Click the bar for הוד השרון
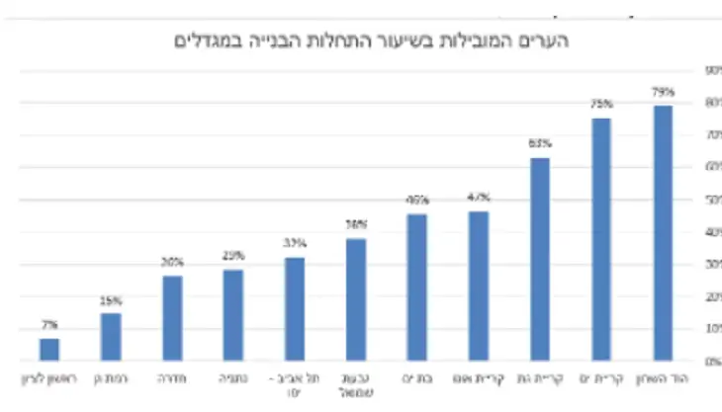tap(663, 233)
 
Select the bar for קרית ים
tap(601, 239)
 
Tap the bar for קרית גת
tap(540, 259)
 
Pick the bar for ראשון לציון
tap(49, 350)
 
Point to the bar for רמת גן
tap(111, 337)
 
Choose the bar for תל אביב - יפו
tap(295, 309)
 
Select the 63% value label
tap(540, 144)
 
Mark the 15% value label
tap(111, 300)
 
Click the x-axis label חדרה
tap(172, 377)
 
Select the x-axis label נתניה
tap(233, 377)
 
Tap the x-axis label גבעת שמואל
tap(356, 381)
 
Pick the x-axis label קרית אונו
tap(479, 377)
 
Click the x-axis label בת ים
tap(417, 377)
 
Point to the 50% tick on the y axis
tap(709, 201)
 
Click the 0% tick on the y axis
tap(709, 362)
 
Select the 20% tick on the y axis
tap(709, 297)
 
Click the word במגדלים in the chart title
tap(209, 41)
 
